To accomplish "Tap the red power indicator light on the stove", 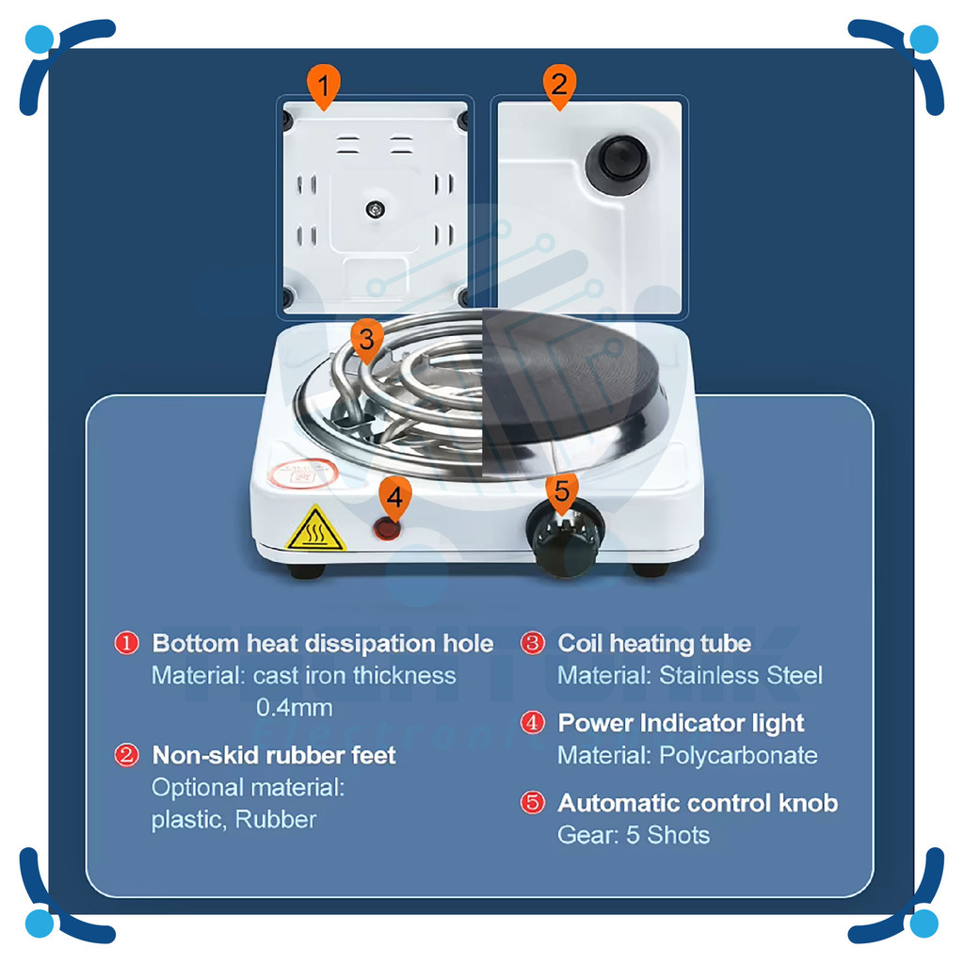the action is pos(386,528).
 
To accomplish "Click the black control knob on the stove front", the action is pos(566,538).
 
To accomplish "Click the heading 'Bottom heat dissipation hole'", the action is pos(322,644).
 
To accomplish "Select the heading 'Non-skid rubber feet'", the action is pos(274,755).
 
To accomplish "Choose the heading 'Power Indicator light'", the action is pos(681,723).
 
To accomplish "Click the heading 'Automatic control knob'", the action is pos(697,803).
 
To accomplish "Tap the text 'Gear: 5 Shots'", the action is pos(633,835).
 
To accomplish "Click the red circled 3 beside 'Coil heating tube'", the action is pos(533,644).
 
